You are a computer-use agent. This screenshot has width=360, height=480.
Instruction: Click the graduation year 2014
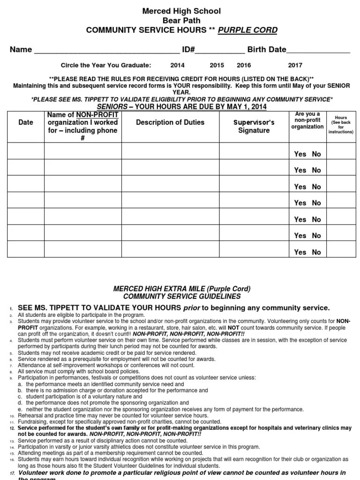click(x=177, y=66)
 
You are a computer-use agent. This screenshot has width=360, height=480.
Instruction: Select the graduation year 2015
click(x=217, y=66)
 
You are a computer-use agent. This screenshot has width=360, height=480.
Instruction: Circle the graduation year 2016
click(x=244, y=66)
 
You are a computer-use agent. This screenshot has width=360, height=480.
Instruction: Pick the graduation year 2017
click(x=295, y=66)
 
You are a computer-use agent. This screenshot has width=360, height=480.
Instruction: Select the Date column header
click(x=26, y=123)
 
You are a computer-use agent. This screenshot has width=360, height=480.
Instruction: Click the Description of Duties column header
click(x=170, y=123)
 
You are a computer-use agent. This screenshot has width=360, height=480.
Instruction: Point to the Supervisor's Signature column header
click(x=254, y=127)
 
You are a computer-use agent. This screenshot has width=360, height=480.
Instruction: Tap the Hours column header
click(x=341, y=125)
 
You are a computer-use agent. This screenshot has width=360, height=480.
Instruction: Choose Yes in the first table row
click(x=300, y=154)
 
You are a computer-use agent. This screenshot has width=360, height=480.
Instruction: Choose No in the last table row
click(x=316, y=252)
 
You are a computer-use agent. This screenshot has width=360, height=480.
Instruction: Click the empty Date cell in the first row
click(x=26, y=151)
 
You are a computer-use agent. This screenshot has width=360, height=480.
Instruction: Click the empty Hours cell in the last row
click(x=341, y=249)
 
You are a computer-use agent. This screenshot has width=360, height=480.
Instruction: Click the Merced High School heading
click(x=181, y=11)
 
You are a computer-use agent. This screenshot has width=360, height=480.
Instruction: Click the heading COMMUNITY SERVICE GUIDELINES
click(x=182, y=297)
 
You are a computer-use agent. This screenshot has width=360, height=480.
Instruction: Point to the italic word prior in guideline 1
click(x=192, y=308)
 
